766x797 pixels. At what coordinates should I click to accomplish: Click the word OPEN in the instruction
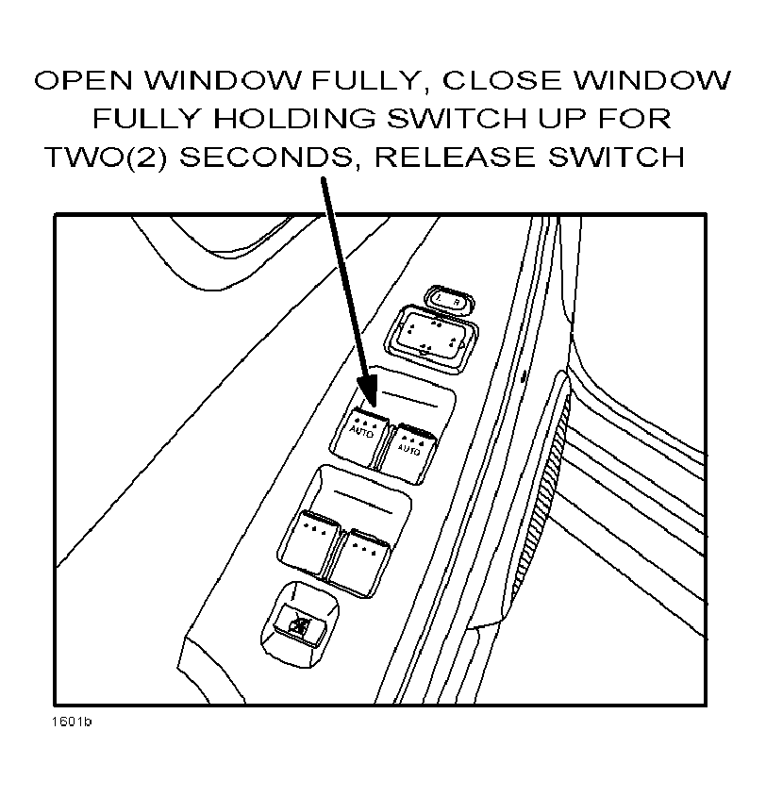click(x=83, y=80)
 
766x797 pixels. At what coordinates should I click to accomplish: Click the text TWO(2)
click(x=106, y=158)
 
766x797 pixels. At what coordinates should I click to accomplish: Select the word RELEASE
click(x=455, y=158)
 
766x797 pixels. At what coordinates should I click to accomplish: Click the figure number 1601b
click(x=71, y=722)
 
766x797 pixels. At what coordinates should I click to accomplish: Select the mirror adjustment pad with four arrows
click(x=432, y=338)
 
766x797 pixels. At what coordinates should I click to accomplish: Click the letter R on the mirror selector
click(x=457, y=302)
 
